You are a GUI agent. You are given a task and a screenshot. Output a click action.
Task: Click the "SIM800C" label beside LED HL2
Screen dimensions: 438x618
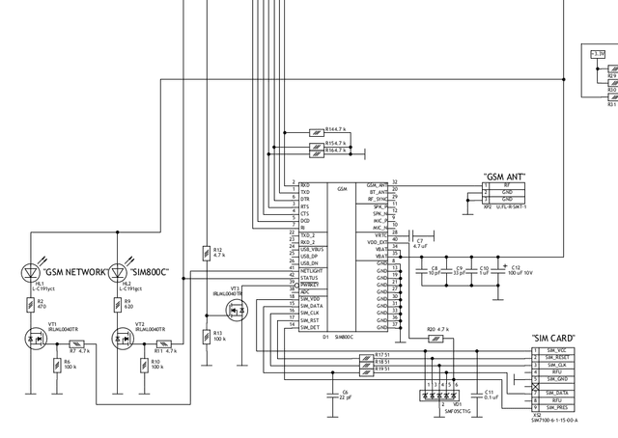[x=151, y=273]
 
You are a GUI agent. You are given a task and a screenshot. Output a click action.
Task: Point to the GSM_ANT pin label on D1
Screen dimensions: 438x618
[x=377, y=185]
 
